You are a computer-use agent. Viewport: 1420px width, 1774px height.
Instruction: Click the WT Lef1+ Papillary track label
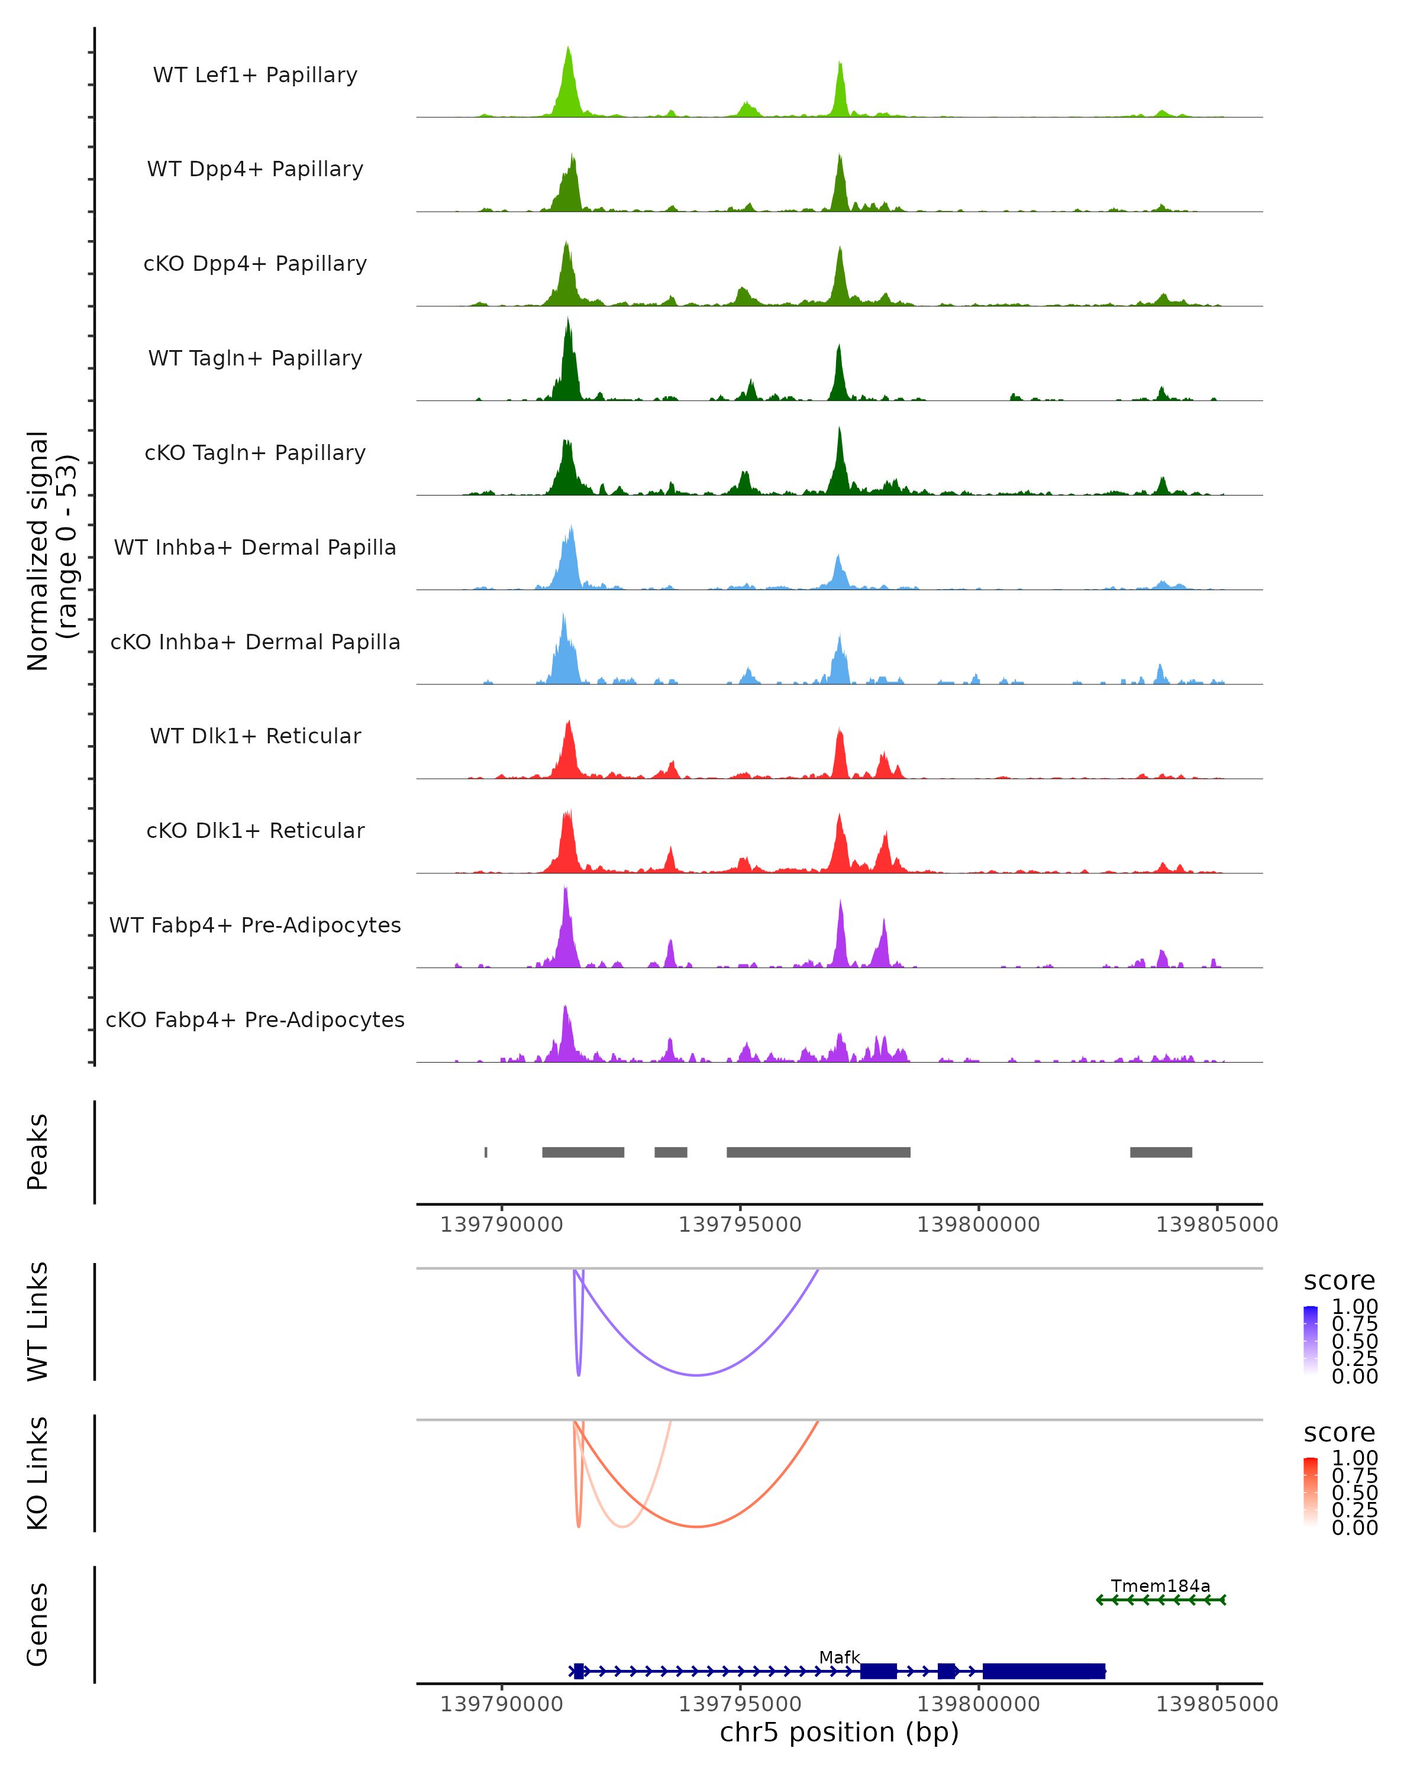pos(255,75)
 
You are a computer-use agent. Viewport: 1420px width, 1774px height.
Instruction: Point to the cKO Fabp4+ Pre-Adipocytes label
pos(255,1019)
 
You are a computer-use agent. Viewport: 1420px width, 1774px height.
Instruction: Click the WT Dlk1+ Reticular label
pos(255,736)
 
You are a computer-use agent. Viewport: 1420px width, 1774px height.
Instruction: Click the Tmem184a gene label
pos(1160,1585)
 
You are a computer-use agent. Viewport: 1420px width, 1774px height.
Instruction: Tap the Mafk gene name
pos(839,1657)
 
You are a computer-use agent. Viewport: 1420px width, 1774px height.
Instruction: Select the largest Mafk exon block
pos(1044,1671)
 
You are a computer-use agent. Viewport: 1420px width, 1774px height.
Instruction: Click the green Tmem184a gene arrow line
pos(1161,1600)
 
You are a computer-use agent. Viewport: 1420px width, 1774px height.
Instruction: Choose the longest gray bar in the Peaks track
pos(818,1152)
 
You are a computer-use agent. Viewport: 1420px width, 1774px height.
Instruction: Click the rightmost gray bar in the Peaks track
pos(1161,1152)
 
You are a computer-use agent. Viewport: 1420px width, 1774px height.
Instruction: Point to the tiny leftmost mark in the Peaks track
pos(486,1152)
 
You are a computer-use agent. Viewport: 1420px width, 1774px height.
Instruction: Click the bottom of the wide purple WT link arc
pos(696,1375)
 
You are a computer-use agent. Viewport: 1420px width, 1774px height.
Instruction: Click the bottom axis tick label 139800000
pos(978,1703)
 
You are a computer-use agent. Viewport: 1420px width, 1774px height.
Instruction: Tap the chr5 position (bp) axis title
pos(839,1733)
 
